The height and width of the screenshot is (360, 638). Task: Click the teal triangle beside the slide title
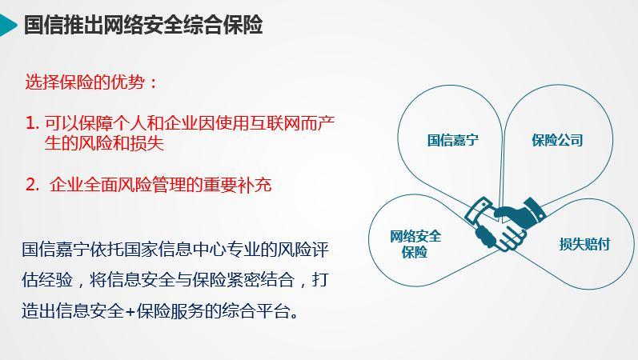7,26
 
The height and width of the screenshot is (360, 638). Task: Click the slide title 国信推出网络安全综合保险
143,25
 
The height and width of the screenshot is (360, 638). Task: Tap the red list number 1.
32,123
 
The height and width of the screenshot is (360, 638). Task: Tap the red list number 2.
32,185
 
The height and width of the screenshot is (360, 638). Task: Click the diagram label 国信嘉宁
452,140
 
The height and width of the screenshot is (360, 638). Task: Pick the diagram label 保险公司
557,140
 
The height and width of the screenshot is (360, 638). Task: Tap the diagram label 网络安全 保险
415,244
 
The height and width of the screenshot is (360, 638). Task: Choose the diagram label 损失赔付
584,244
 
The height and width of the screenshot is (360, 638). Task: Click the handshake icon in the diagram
505,224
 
